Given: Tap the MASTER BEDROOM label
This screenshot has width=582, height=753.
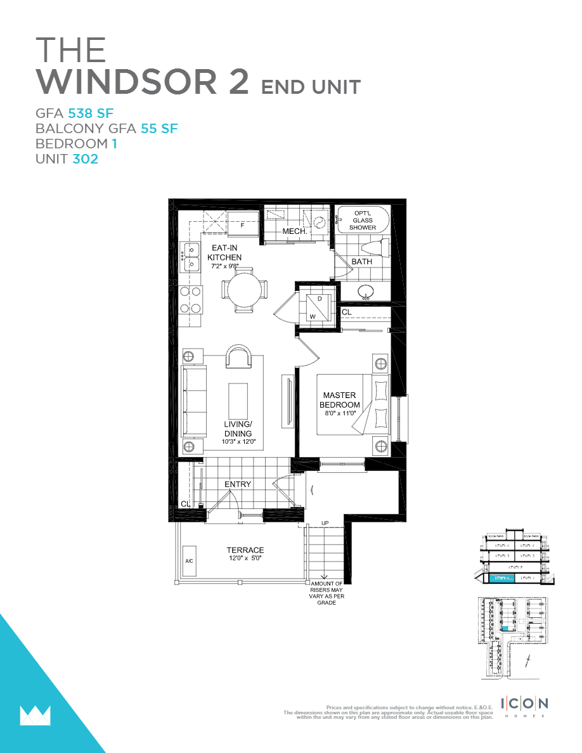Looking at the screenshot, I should (339, 401).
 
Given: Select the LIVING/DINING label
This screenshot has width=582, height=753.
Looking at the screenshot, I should (238, 429).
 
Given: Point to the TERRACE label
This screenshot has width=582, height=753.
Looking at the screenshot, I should (245, 550).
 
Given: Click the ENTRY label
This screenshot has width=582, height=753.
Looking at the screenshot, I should (238, 484).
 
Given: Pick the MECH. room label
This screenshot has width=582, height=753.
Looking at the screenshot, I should (295, 232).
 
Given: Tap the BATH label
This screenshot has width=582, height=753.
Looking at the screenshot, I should (362, 261).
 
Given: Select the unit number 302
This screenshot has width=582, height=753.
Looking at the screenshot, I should (85, 159).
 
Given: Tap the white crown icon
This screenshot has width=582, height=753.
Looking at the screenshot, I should (35, 715).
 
